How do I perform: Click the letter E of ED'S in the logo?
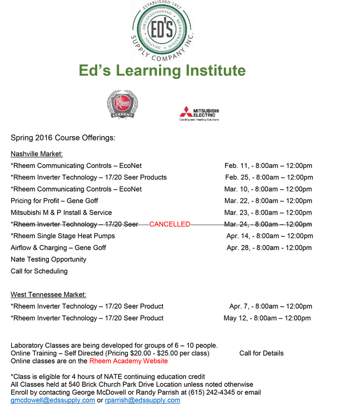155,29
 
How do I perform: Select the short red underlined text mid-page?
169,224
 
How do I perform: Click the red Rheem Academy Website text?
128,361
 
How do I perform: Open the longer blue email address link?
53,400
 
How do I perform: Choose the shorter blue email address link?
143,400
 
